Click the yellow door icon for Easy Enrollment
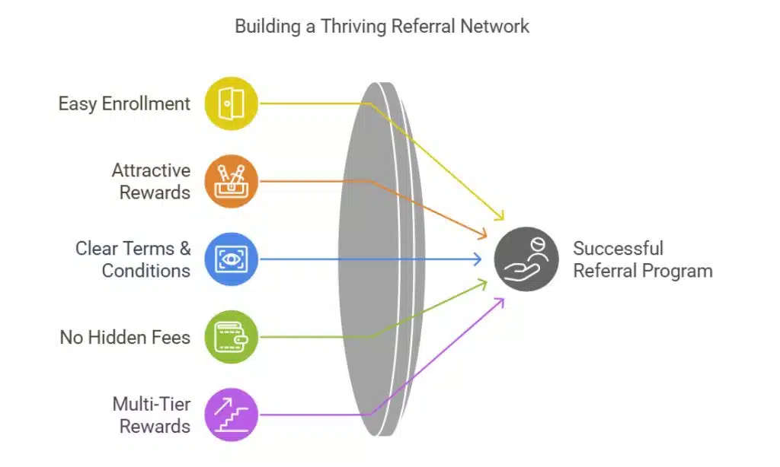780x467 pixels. tap(232, 103)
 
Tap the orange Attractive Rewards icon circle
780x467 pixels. tap(232, 182)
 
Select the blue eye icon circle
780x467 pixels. tap(232, 259)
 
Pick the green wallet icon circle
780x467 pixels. tap(232, 337)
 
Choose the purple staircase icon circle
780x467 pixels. tap(232, 415)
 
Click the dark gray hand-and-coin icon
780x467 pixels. tap(526, 259)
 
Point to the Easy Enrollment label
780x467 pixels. tap(124, 103)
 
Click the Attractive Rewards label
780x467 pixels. tap(151, 181)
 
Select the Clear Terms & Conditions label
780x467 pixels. tap(133, 259)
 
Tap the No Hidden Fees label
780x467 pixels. tap(125, 337)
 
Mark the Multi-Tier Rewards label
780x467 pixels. tap(151, 415)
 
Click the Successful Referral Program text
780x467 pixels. tap(642, 259)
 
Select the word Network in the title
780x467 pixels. tap(495, 26)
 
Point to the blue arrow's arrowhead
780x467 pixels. tap(478, 259)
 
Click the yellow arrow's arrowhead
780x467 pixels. tap(500, 216)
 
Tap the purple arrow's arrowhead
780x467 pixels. tap(500, 301)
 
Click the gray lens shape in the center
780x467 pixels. tap(377, 259)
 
